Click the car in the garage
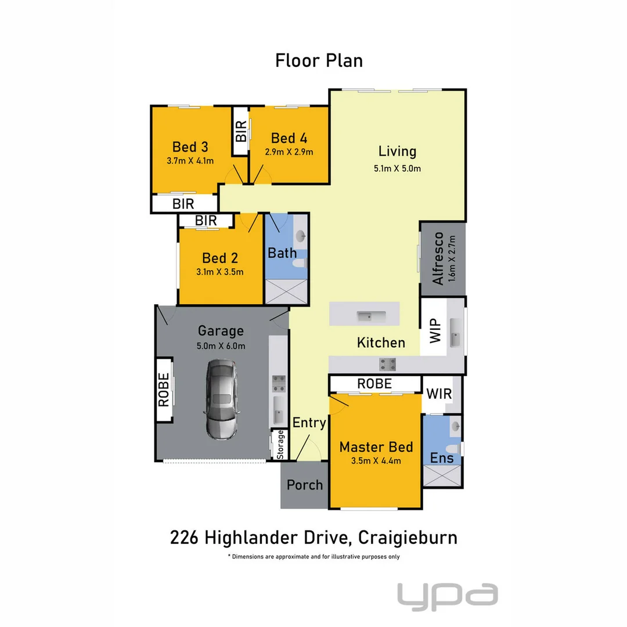pos(221,401)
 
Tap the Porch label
pos(305,484)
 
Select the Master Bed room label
pos(376,446)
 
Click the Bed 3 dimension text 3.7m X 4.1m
pos(190,160)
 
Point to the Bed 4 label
pos(289,138)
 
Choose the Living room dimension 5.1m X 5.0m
pos(397,168)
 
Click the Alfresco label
pos(438,258)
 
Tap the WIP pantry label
pos(435,331)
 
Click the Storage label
pos(281,445)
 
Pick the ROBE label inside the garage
pos(164,390)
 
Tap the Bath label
pos(282,253)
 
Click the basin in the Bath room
pos(301,236)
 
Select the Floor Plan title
pos(319,60)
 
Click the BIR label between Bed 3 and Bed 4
pos(240,131)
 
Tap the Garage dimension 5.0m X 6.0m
pos(221,347)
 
